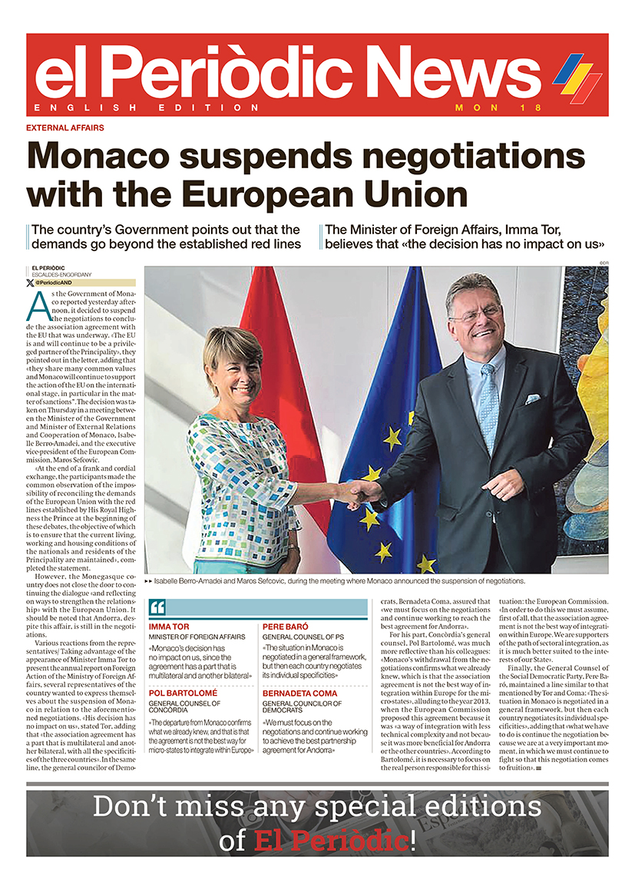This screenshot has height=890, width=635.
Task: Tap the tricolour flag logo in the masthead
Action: (x=577, y=78)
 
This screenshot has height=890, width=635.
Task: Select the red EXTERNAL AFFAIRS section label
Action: (x=65, y=127)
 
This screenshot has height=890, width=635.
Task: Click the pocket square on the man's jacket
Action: (x=532, y=399)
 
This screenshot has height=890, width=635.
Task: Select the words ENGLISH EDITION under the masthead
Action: (x=147, y=108)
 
